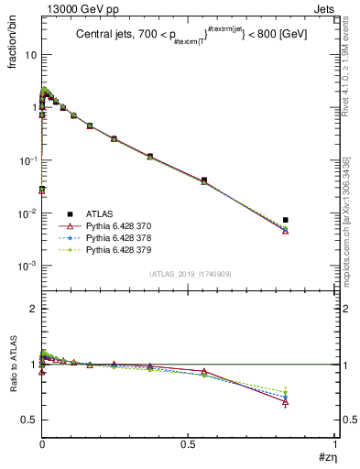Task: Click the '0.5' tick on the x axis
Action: pos(189,444)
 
